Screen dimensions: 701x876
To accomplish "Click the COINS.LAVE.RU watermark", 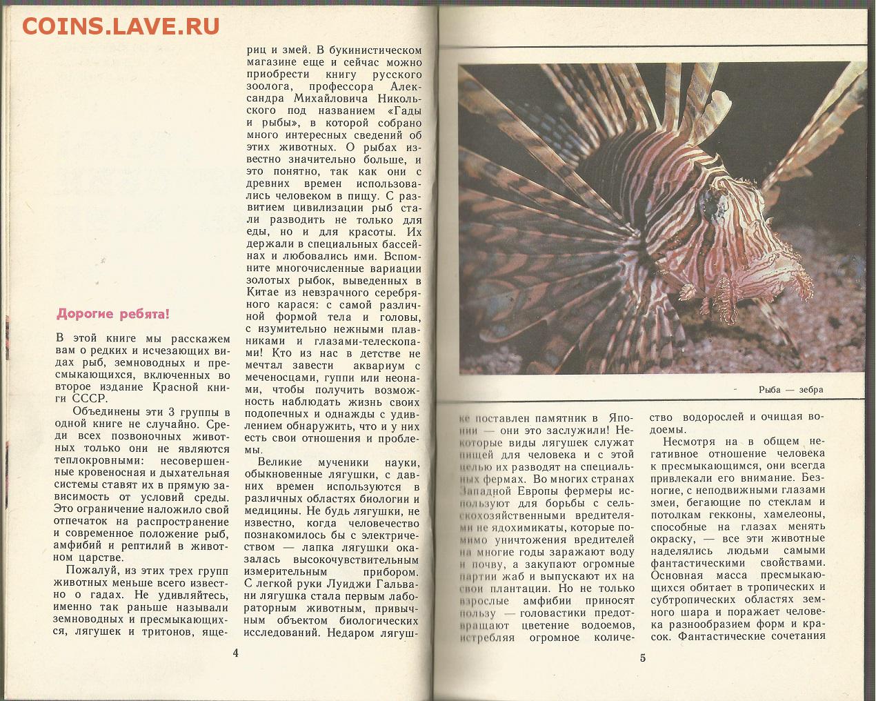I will [121, 26].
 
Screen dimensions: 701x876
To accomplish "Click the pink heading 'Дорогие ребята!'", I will [112, 315].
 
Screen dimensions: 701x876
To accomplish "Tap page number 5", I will [643, 657].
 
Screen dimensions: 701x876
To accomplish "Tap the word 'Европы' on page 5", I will [547, 491].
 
